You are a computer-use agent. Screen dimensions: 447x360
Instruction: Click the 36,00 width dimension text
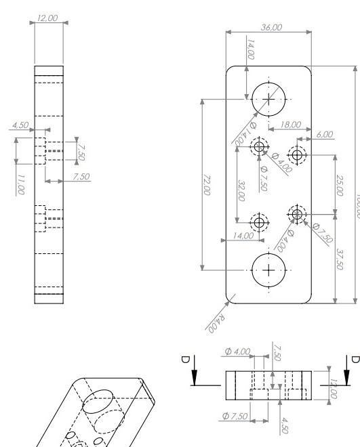point(271,27)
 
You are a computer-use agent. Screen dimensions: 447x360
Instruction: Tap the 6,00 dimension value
point(325,134)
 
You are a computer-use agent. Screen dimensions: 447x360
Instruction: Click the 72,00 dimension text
point(206,184)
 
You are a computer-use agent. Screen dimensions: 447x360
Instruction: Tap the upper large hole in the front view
point(270,99)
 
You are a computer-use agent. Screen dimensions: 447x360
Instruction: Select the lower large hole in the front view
point(270,270)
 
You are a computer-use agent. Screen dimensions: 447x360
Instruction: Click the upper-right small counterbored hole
point(297,154)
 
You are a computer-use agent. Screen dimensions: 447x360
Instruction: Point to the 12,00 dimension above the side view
point(49,22)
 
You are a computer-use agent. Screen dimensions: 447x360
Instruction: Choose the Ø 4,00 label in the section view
point(237,352)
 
